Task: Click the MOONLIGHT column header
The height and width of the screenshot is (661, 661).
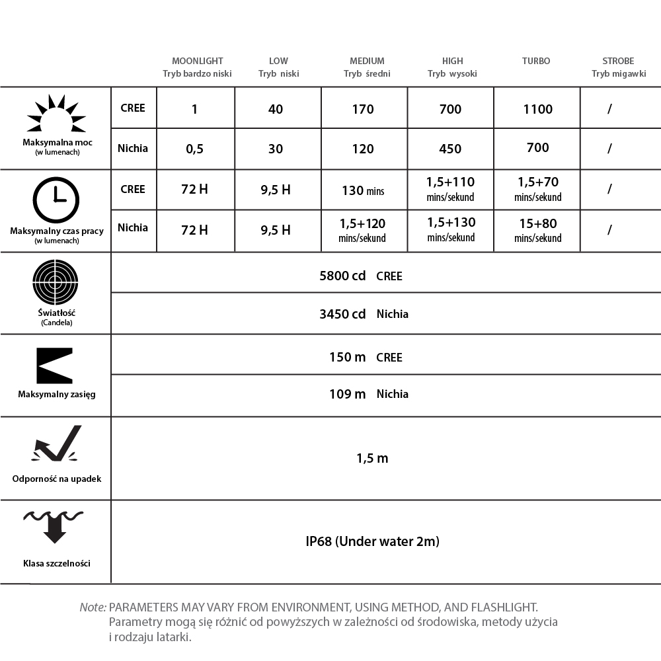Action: [197, 61]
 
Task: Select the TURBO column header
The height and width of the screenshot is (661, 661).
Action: [536, 61]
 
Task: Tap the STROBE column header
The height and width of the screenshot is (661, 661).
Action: [618, 61]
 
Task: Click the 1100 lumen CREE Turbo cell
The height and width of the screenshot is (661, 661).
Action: [537, 109]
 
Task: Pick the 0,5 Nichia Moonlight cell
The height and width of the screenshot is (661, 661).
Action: [195, 149]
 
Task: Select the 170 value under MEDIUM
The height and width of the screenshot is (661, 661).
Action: [363, 109]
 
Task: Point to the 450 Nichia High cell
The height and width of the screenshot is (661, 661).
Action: [450, 149]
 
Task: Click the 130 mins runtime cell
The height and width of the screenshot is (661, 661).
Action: [363, 190]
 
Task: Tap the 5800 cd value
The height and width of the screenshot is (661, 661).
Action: [342, 276]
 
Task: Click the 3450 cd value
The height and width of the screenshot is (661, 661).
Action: [342, 314]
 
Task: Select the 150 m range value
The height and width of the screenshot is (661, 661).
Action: [347, 357]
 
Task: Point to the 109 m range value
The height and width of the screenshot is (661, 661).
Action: [347, 394]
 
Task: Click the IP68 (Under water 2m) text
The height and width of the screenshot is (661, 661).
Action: [373, 541]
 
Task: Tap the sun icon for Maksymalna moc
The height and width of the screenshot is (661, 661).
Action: [56, 114]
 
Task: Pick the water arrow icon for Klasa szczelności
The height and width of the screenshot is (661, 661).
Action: [54, 525]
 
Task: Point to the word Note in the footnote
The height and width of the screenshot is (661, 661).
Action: [93, 606]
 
